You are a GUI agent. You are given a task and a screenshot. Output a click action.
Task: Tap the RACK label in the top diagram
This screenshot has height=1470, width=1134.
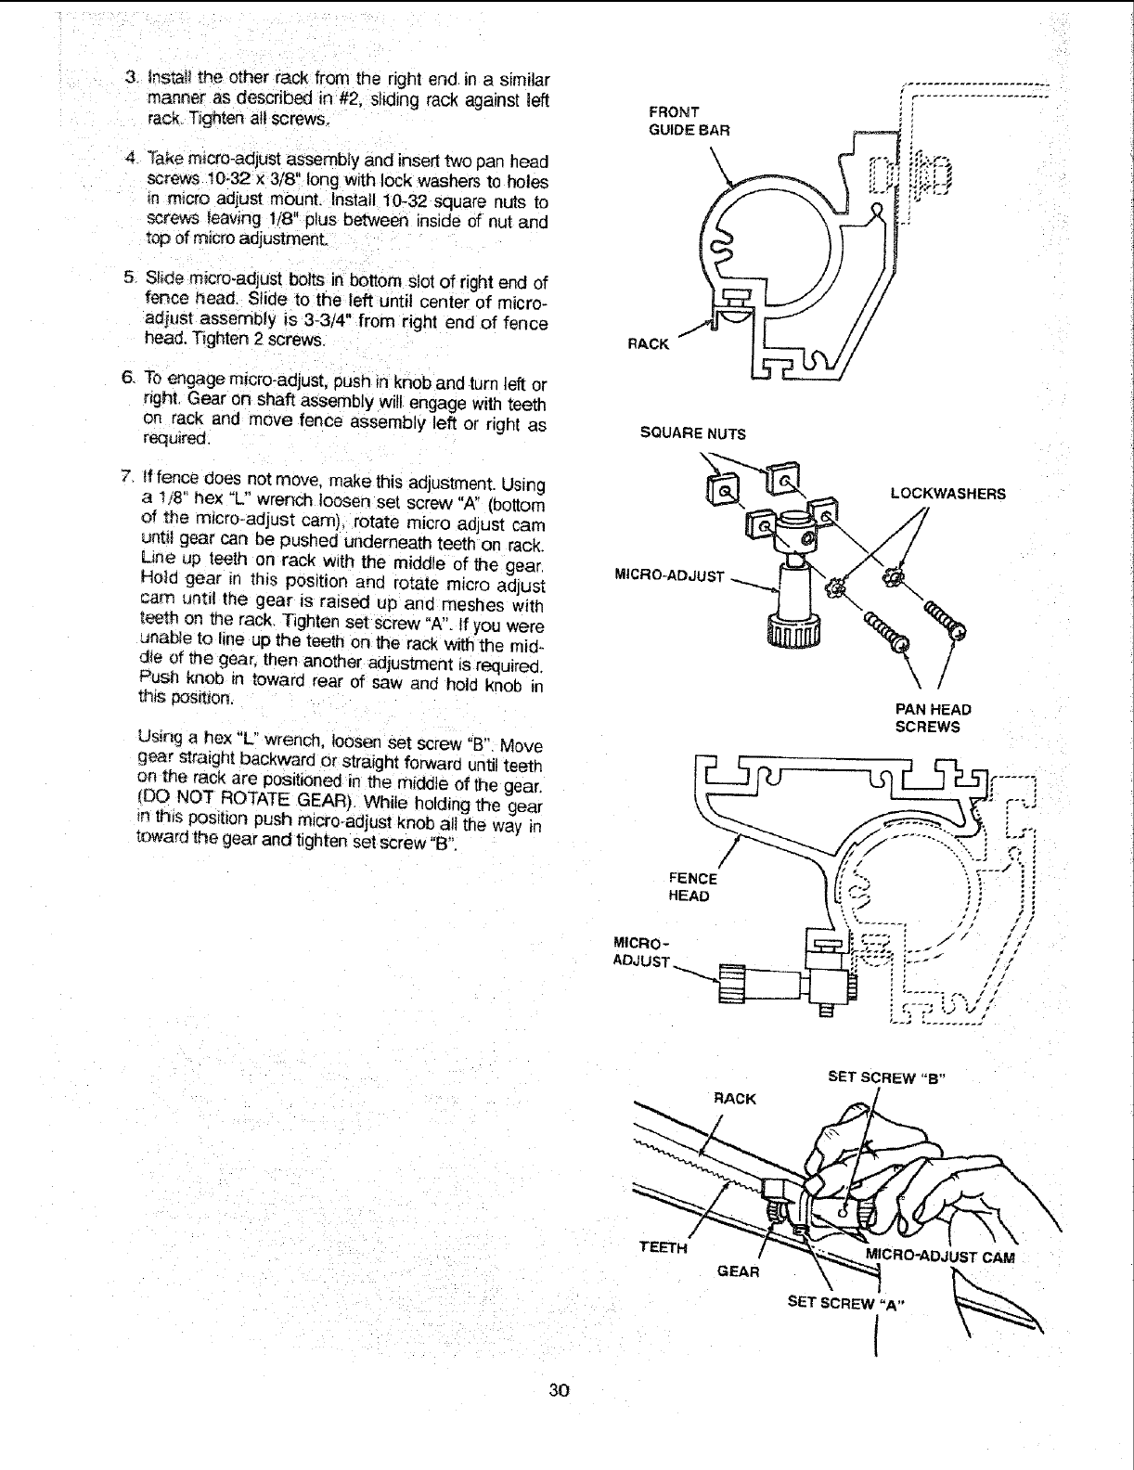tap(648, 344)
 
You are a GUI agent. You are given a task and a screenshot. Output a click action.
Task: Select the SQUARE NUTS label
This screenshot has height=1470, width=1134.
tap(692, 433)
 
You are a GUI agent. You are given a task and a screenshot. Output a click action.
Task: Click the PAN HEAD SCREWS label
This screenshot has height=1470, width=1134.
tap(933, 718)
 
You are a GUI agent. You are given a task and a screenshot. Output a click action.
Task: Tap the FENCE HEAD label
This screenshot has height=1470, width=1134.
tap(691, 887)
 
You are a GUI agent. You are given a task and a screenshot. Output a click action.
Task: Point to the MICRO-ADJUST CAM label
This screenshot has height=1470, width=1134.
tap(940, 1258)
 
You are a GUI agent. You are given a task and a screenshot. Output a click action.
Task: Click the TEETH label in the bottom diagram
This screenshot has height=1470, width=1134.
tap(664, 1248)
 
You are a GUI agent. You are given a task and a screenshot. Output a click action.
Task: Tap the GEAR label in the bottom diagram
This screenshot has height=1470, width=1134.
tap(739, 1270)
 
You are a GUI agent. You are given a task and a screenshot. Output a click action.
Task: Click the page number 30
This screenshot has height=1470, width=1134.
tap(558, 1390)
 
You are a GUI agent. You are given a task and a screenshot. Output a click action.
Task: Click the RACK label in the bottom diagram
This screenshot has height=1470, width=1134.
tap(735, 1099)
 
